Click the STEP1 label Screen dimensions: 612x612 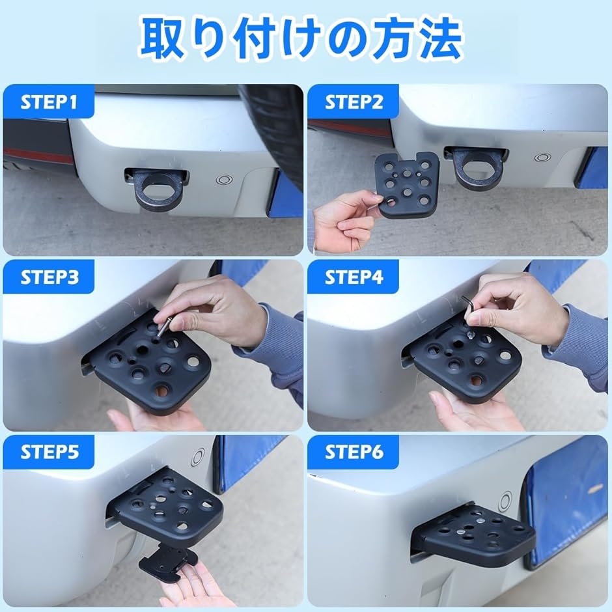(x=49, y=102)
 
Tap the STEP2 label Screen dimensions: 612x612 (x=354, y=102)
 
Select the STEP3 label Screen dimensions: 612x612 (x=49, y=277)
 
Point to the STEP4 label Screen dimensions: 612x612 (x=354, y=277)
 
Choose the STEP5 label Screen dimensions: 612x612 (x=49, y=452)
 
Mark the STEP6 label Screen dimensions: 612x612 (x=354, y=452)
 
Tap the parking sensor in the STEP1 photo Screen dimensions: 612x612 (x=224, y=180)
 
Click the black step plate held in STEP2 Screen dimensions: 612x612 (x=407, y=184)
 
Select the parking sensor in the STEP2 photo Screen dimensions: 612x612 (x=542, y=158)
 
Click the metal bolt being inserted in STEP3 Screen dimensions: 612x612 (x=163, y=327)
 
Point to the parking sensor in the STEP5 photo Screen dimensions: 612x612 (x=199, y=458)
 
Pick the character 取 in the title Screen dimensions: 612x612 (x=162, y=40)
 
